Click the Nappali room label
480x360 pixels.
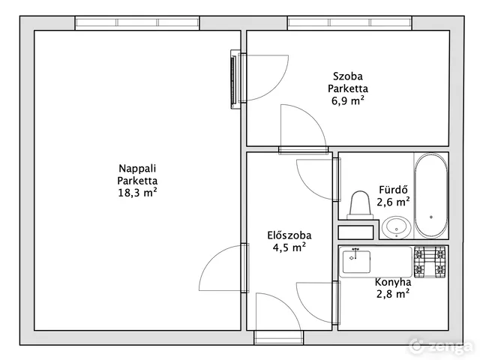[137, 168]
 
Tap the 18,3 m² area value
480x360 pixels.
[137, 193]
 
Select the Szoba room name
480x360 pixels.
[348, 76]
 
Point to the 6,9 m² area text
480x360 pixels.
[348, 100]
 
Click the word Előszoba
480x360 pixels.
[289, 235]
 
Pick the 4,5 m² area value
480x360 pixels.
[289, 247]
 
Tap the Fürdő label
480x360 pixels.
[393, 190]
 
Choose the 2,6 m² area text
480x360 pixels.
[393, 202]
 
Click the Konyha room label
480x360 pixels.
[393, 282]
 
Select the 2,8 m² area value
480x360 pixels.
[393, 294]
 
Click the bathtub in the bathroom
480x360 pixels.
[431, 195]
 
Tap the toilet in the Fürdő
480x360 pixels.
[360, 205]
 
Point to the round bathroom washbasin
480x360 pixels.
[397, 227]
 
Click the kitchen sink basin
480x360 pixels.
[356, 262]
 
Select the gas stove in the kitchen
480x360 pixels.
[430, 262]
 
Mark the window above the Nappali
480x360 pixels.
[137, 23]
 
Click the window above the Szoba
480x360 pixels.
[349, 23]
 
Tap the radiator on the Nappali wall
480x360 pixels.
[235, 79]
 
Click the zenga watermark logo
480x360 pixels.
[441, 346]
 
